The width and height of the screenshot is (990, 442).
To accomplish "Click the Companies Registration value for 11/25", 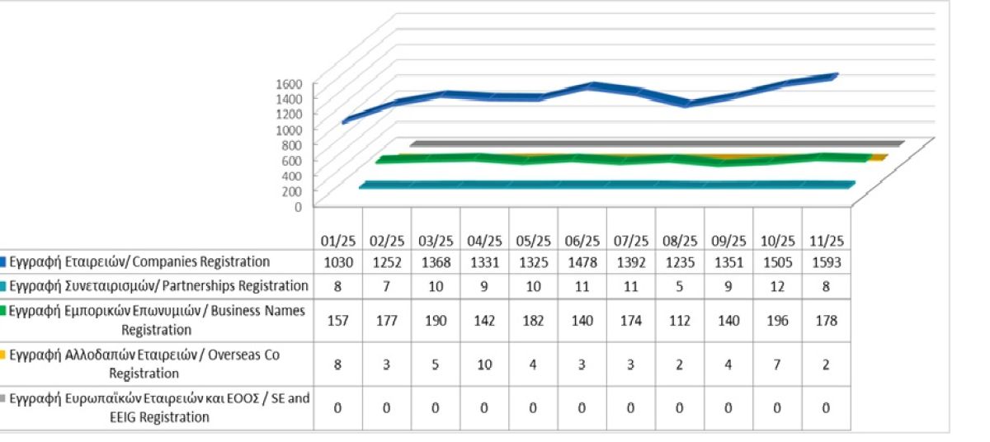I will tap(826, 262).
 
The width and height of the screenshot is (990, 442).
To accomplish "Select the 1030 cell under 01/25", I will tap(337, 262).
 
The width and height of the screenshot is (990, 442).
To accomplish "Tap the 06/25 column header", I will tap(582, 241).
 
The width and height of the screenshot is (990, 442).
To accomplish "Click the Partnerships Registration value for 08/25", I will tap(680, 286).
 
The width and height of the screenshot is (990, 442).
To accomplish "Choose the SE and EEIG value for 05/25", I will tap(533, 407).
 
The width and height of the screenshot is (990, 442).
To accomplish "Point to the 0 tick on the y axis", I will tap(302, 206).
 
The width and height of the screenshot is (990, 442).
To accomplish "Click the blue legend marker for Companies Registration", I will tap(4, 262).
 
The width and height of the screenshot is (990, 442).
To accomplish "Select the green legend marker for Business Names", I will tap(4, 311).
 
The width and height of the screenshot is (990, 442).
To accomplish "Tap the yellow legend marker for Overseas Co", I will tap(4, 355).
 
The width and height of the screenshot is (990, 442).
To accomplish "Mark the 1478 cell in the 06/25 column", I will tap(582, 262).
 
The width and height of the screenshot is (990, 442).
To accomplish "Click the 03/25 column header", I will tap(435, 241).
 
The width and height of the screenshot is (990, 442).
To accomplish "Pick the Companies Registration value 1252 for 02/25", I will tap(386, 262).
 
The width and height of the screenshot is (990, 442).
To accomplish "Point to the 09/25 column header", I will tap(728, 241).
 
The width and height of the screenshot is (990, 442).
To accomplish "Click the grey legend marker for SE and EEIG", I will tap(4, 399).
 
